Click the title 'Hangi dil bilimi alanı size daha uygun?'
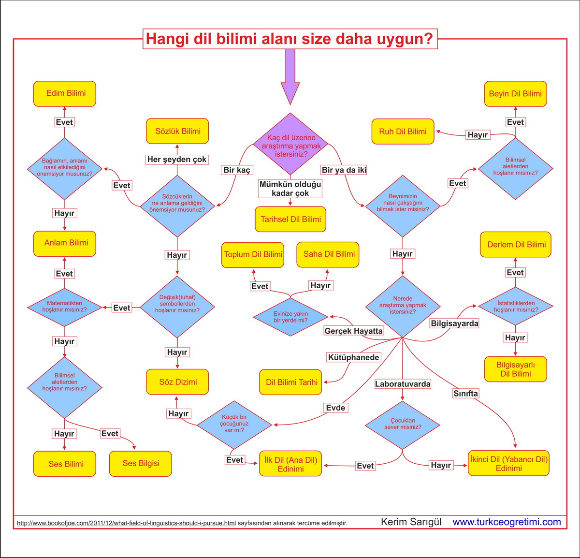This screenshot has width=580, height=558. tap(290, 39)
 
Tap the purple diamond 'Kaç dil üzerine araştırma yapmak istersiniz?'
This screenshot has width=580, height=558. tap(290, 145)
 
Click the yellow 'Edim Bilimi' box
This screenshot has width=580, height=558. tap(65, 94)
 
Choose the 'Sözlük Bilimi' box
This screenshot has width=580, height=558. tap(177, 131)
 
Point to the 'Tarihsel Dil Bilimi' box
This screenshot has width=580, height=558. tap(290, 220)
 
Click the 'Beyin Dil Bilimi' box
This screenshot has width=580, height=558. tap(515, 94)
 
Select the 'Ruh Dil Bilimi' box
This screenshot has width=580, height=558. tap(403, 132)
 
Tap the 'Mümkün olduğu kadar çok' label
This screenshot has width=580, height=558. tap(290, 189)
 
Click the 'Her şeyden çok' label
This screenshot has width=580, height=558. tap(177, 159)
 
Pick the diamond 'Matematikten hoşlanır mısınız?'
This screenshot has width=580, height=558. tap(64, 307)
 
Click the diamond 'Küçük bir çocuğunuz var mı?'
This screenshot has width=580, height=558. tap(234, 424)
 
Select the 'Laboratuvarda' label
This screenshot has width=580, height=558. tap(403, 384)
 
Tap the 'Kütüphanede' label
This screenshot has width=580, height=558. tap(354, 357)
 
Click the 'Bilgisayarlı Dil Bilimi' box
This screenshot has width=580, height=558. tap(515, 369)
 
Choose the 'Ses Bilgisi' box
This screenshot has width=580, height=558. tap(141, 463)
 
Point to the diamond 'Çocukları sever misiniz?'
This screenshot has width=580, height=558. tap(403, 424)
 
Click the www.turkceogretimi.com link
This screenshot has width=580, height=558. tap(507, 522)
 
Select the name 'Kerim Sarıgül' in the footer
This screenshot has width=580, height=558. tap(411, 522)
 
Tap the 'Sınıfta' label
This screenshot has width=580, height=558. tap(465, 394)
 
